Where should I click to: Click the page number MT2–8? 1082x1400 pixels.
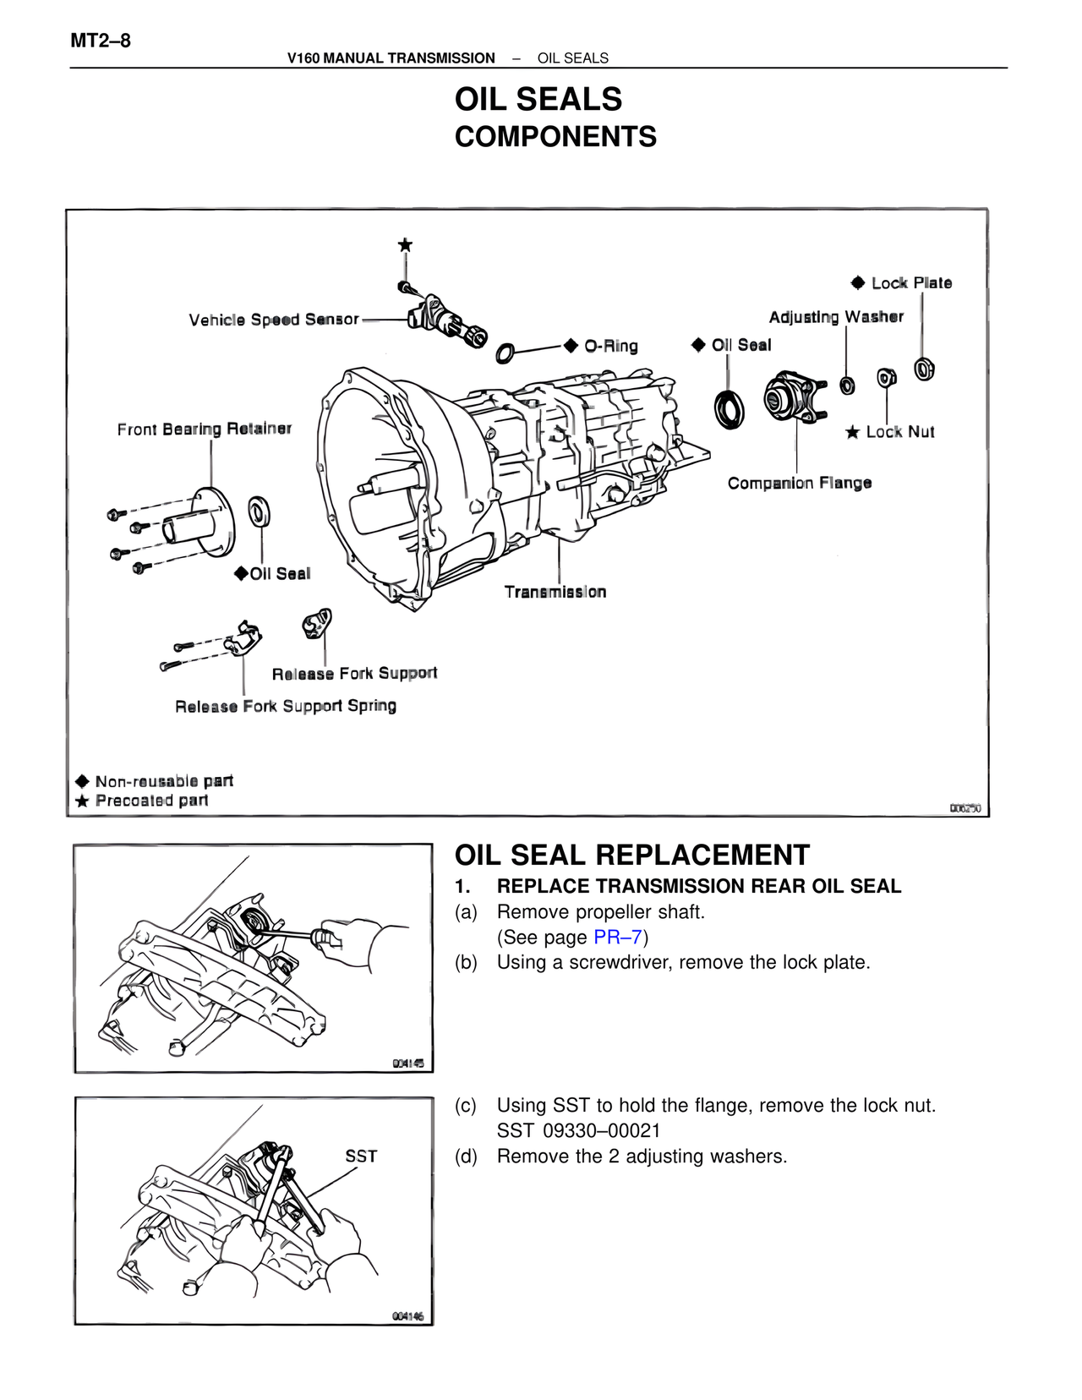pos(100,40)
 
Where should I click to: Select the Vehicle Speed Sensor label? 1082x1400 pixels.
pos(274,320)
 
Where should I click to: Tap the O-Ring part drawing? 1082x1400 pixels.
pos(505,353)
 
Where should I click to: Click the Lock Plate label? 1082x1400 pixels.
pos(911,283)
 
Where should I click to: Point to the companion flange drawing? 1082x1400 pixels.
pos(793,396)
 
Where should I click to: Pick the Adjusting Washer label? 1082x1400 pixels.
pos(836,317)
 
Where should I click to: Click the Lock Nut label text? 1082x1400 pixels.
pos(900,432)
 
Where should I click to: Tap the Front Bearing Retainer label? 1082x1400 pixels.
pos(204,429)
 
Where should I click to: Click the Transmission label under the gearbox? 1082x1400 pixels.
pos(555,592)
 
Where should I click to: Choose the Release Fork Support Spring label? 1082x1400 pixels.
pos(286,706)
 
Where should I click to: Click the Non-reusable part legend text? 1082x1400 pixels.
pos(164,781)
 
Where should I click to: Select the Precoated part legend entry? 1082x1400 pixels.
pos(151,801)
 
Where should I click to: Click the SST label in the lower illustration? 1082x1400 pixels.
pos(361,1157)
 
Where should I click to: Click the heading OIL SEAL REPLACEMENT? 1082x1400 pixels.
pos(631,855)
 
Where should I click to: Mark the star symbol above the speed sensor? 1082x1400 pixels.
pos(406,245)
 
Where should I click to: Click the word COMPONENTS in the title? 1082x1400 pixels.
pos(555,137)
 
